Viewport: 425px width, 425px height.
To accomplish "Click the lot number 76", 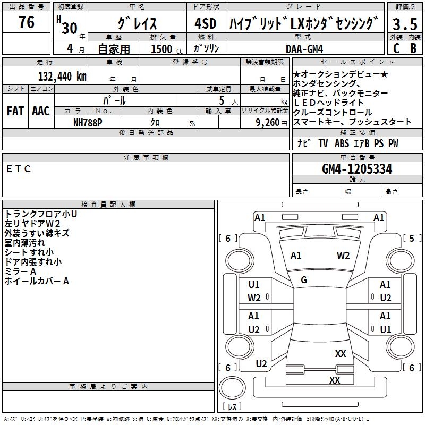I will point(27,22).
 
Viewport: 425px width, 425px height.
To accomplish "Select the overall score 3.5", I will point(404,23).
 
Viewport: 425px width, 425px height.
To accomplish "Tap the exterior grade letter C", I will point(396,48).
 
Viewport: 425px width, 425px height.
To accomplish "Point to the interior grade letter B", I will point(413,48).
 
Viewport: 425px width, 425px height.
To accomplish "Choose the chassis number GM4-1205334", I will point(357,169).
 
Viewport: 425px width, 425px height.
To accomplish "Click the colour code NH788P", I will point(88,122).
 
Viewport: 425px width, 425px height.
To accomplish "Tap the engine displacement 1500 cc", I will point(165,49).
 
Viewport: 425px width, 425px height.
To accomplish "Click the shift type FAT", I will point(15,111).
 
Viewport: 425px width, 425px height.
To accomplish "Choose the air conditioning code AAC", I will point(41,111).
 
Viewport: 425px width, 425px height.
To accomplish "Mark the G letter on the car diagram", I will point(304,279).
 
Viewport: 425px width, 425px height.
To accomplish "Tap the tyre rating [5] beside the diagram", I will point(412,238).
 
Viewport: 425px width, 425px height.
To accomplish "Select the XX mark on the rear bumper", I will point(335,380).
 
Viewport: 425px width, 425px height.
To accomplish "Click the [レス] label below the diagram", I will point(233,406).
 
